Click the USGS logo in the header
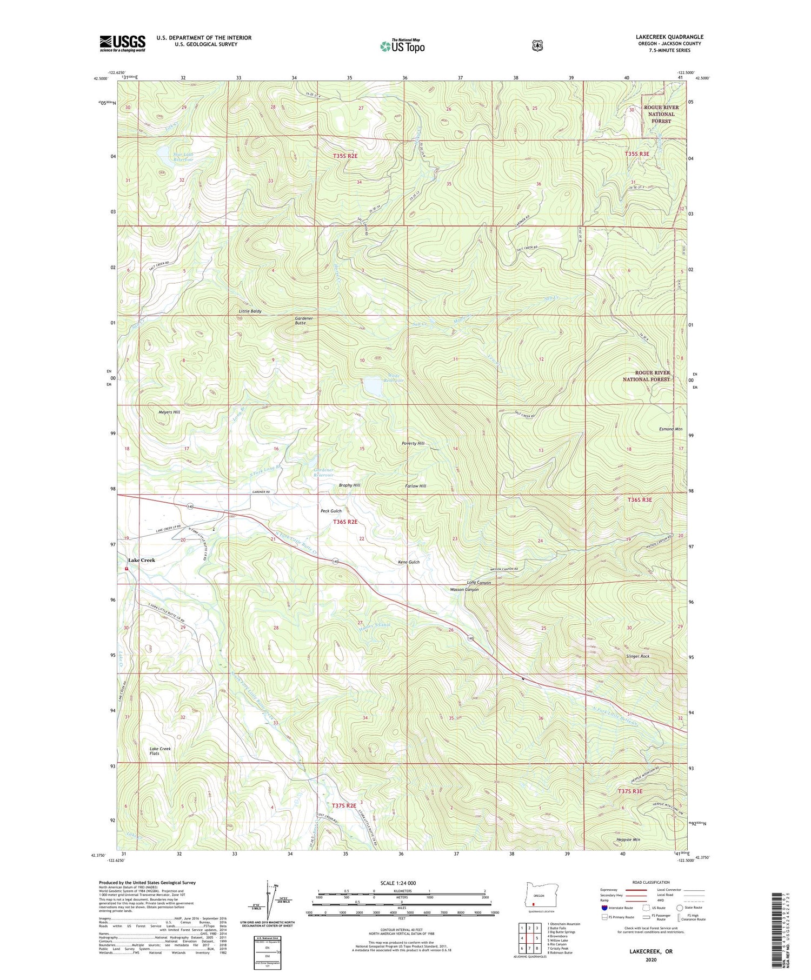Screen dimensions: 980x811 pos(122,43)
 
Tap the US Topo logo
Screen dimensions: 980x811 pos(402,46)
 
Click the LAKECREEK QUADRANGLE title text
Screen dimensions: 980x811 pos(669,37)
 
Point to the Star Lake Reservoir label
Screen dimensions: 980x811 pos(176,157)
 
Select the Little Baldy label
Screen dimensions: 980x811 pos(250,311)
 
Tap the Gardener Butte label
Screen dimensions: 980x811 pos(304,321)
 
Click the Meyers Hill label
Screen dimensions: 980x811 pos(169,412)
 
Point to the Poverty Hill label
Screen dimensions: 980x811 pos(413,443)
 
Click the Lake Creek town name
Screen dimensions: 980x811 pos(142,560)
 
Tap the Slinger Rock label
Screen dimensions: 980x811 pos(637,656)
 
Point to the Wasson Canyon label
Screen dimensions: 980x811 pos(464,590)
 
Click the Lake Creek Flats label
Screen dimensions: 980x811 pos(160,751)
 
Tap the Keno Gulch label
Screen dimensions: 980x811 pos(409,562)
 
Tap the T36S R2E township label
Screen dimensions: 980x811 pos(345,522)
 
